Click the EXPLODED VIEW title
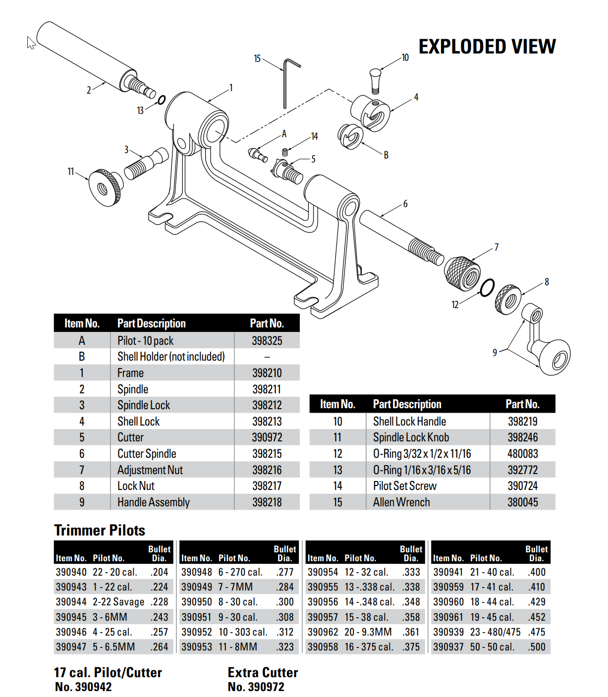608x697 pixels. (487, 47)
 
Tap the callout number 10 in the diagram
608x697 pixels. (405, 57)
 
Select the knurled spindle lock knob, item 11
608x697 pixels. (106, 187)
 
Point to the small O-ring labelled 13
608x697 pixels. (162, 100)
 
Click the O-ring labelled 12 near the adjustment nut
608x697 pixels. (487, 288)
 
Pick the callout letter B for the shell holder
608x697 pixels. (386, 155)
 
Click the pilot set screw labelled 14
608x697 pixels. (285, 152)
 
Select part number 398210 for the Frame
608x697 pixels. (267, 373)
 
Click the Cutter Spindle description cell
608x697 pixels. (147, 454)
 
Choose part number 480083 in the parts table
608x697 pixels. (522, 454)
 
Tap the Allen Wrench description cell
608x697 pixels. (401, 502)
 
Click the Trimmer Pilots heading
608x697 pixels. (100, 531)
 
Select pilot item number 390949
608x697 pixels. (196, 587)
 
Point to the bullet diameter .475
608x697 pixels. (537, 632)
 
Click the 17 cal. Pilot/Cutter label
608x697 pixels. (108, 673)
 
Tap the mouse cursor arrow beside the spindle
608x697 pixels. (31, 43)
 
